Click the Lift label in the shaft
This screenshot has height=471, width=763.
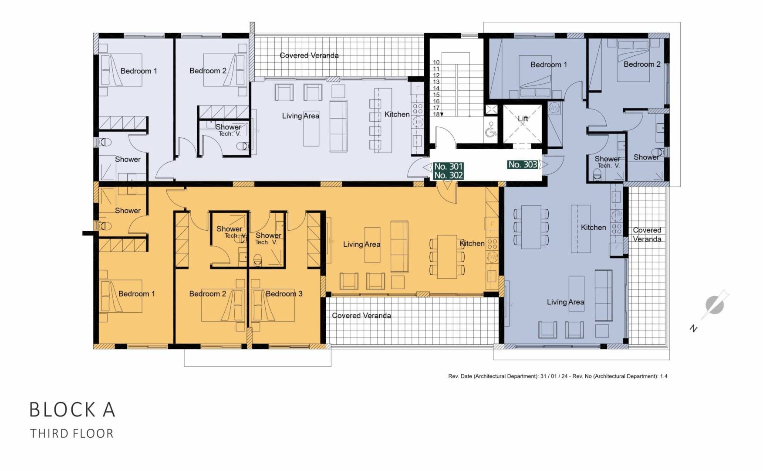[523, 119]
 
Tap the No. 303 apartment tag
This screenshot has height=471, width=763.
[523, 164]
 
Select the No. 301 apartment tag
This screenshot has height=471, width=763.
[448, 166]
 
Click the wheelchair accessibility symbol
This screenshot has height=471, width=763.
[491, 130]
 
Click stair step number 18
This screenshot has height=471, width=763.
[436, 114]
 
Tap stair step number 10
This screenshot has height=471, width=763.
[436, 62]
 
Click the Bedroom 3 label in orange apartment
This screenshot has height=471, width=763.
[284, 294]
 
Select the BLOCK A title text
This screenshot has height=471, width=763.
[72, 410]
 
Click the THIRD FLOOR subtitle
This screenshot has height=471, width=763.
[72, 433]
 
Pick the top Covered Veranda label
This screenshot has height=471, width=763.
[309, 55]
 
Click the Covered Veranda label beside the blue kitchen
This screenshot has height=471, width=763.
[647, 235]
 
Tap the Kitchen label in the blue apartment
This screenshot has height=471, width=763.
[593, 227]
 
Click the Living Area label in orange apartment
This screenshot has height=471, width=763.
[361, 244]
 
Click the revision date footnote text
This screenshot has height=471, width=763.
[557, 376]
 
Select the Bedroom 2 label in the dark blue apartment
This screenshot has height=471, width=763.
[641, 65]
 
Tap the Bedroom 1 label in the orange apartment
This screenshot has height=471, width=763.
[136, 294]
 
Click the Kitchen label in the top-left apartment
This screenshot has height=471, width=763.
[397, 114]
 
